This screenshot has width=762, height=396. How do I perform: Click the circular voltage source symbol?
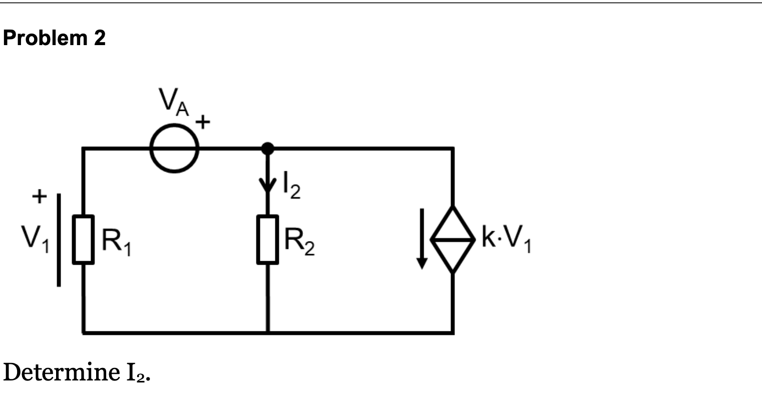(174, 148)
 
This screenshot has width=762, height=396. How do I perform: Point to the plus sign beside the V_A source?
(203, 122)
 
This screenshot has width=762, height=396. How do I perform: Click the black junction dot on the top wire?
(268, 148)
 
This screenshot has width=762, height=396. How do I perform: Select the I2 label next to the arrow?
(291, 188)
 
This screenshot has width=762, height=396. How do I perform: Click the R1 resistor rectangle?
(83, 239)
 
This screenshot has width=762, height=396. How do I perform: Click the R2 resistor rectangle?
(268, 239)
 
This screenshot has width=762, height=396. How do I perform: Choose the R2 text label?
(300, 241)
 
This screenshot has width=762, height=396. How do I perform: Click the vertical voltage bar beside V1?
(59, 240)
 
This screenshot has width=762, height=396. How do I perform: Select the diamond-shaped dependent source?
(453, 240)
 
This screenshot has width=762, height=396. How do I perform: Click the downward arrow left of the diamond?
(423, 239)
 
